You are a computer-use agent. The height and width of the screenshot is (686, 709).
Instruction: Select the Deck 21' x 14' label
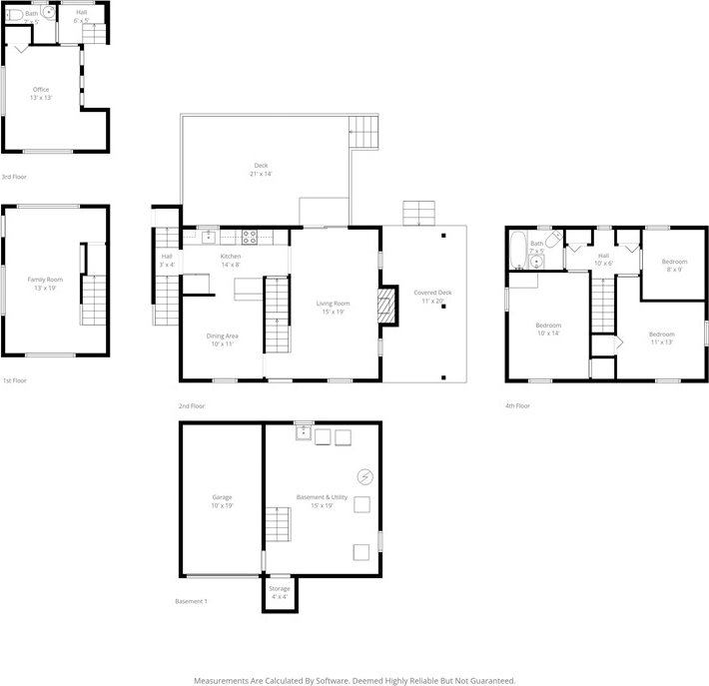(x=260, y=170)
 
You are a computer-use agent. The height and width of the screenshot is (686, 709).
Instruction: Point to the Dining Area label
(x=223, y=340)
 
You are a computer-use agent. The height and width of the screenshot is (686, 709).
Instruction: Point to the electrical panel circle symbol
(x=365, y=475)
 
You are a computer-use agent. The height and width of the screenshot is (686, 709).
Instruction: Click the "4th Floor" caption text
(x=518, y=406)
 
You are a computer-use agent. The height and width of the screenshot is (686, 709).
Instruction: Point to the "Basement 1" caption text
(x=192, y=602)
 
